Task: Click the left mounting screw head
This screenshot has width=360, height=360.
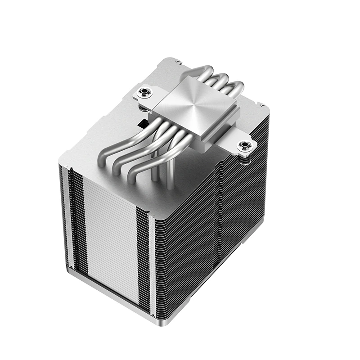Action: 145,93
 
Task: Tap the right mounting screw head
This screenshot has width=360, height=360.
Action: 245,146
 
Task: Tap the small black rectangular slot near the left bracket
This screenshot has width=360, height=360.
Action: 142,122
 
